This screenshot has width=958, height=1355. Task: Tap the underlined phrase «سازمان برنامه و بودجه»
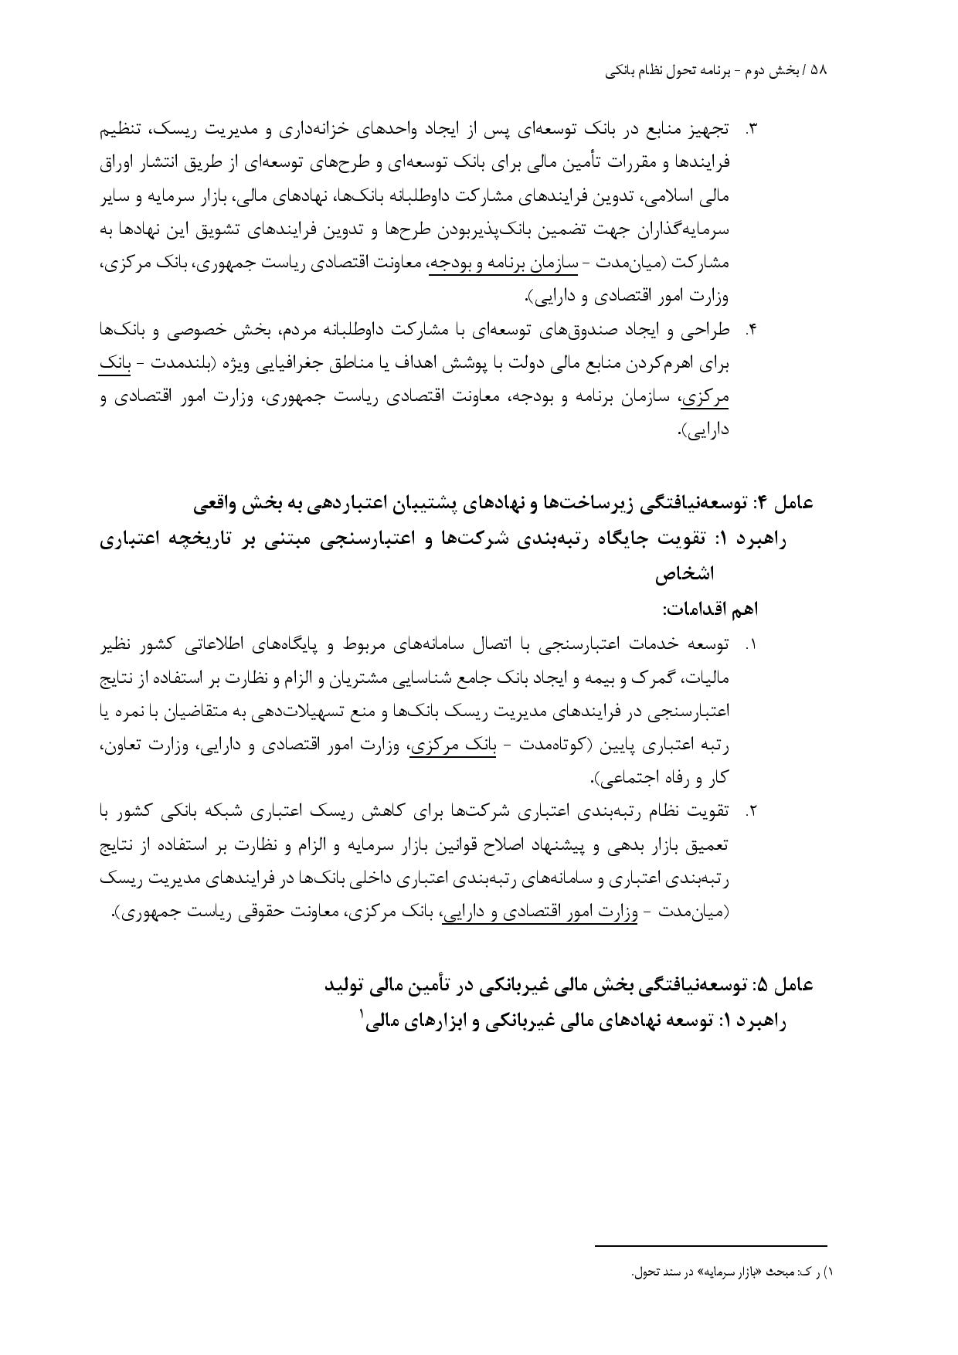pos(503,263)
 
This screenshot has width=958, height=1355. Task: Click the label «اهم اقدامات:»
pos(710,610)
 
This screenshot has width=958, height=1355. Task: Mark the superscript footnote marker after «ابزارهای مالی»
pos(362,1014)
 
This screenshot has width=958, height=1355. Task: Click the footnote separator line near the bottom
pos(711,1245)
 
